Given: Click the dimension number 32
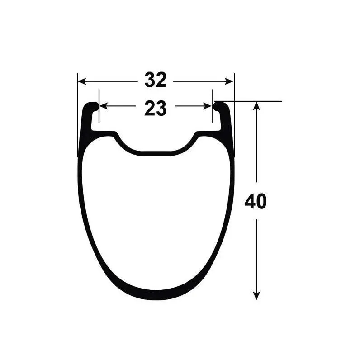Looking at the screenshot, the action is [x=156, y=80].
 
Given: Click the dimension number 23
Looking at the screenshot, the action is [x=156, y=108].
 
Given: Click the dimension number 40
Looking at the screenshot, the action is [x=256, y=201].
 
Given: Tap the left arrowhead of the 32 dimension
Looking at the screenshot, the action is [x=82, y=81].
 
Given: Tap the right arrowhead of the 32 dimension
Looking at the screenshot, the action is [x=229, y=81].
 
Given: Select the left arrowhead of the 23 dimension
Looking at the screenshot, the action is [x=104, y=106].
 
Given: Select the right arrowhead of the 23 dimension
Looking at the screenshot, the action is [x=208, y=106].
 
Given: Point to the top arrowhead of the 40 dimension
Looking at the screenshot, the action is [x=256, y=106].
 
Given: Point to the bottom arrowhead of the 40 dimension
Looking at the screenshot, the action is [x=256, y=296].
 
